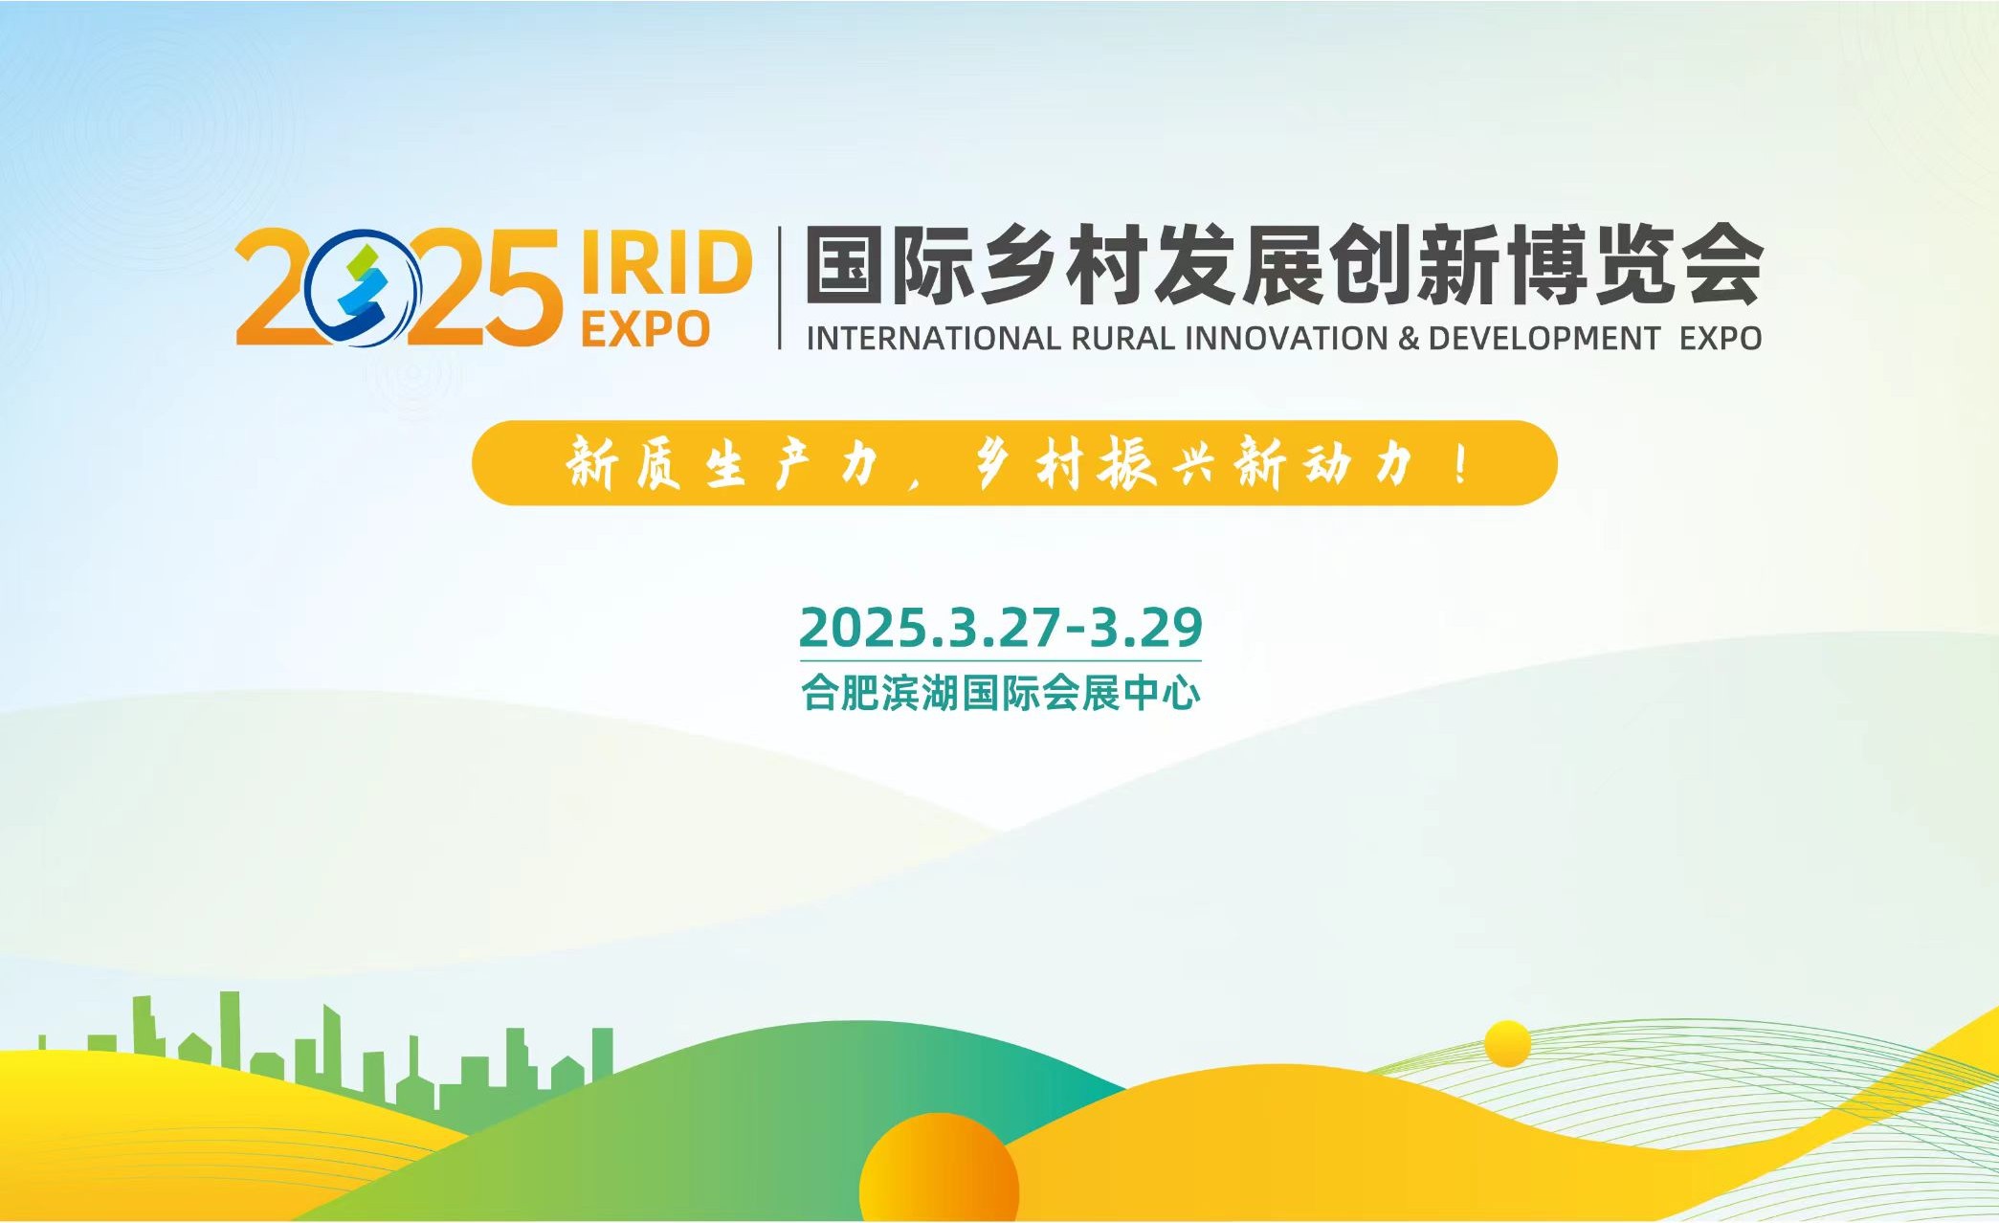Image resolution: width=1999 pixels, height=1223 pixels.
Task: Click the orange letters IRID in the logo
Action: (x=666, y=262)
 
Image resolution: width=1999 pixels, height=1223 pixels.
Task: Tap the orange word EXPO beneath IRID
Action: (x=645, y=329)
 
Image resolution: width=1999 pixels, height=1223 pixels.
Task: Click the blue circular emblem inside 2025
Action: (x=364, y=288)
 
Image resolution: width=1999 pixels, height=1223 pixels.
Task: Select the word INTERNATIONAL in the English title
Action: (x=933, y=338)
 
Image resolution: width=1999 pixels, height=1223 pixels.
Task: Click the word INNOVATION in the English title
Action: (x=1286, y=338)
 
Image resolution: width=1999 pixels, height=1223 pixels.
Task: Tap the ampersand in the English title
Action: (x=1409, y=338)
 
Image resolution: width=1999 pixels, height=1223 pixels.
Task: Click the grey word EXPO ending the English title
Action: (x=1721, y=338)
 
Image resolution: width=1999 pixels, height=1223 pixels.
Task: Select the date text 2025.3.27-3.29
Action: (x=1001, y=627)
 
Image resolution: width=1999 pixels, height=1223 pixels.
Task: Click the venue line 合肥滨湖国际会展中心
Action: (x=1001, y=693)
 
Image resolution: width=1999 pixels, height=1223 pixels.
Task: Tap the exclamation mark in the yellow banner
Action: (x=1460, y=464)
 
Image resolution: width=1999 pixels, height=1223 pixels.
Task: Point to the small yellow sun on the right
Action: (x=1508, y=1044)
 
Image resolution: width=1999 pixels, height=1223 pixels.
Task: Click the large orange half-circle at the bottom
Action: (x=939, y=1168)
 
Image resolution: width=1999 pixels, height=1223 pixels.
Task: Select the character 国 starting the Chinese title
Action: (x=845, y=264)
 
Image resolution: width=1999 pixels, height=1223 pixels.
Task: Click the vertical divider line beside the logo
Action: (x=780, y=287)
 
